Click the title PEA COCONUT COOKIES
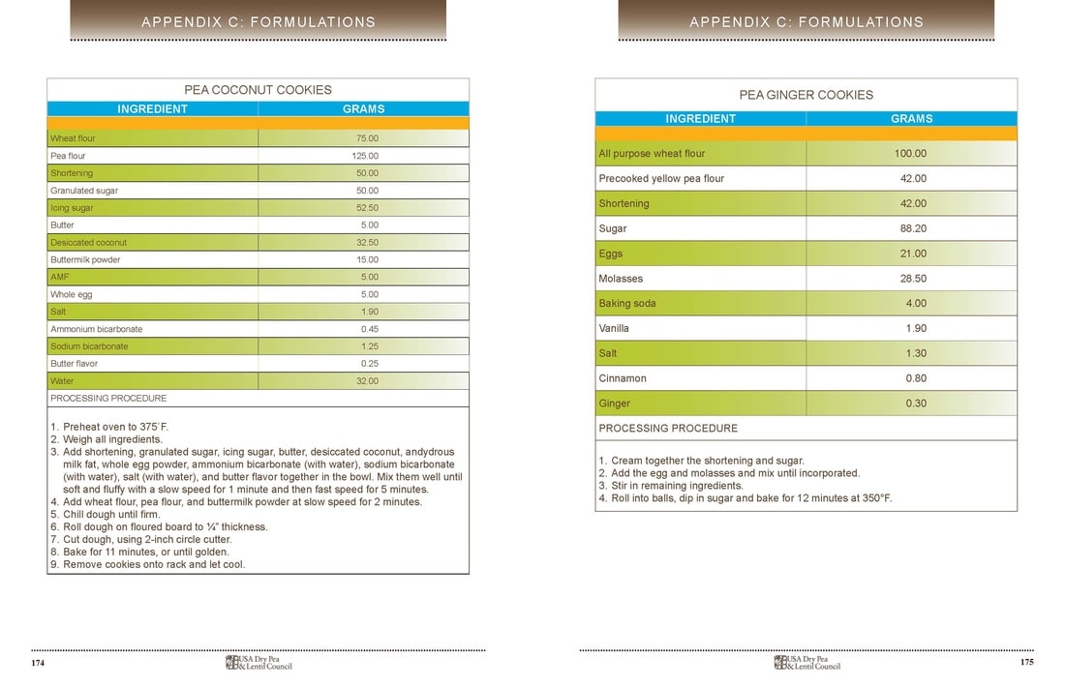(x=258, y=90)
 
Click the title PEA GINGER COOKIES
(x=806, y=95)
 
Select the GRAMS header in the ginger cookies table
(x=911, y=119)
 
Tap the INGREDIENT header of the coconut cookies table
(x=152, y=109)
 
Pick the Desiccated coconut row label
(x=88, y=243)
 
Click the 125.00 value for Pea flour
(x=365, y=156)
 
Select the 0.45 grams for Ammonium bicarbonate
(x=368, y=329)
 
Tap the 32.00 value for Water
(x=367, y=381)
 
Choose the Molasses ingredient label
(x=621, y=279)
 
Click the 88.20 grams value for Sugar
(x=910, y=228)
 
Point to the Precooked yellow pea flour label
(x=661, y=179)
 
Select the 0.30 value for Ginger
(x=915, y=404)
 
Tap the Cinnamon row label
(x=623, y=378)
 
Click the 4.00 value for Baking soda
(x=915, y=304)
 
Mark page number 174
(x=38, y=663)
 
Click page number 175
(x=1027, y=663)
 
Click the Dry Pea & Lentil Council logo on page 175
(x=806, y=663)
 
